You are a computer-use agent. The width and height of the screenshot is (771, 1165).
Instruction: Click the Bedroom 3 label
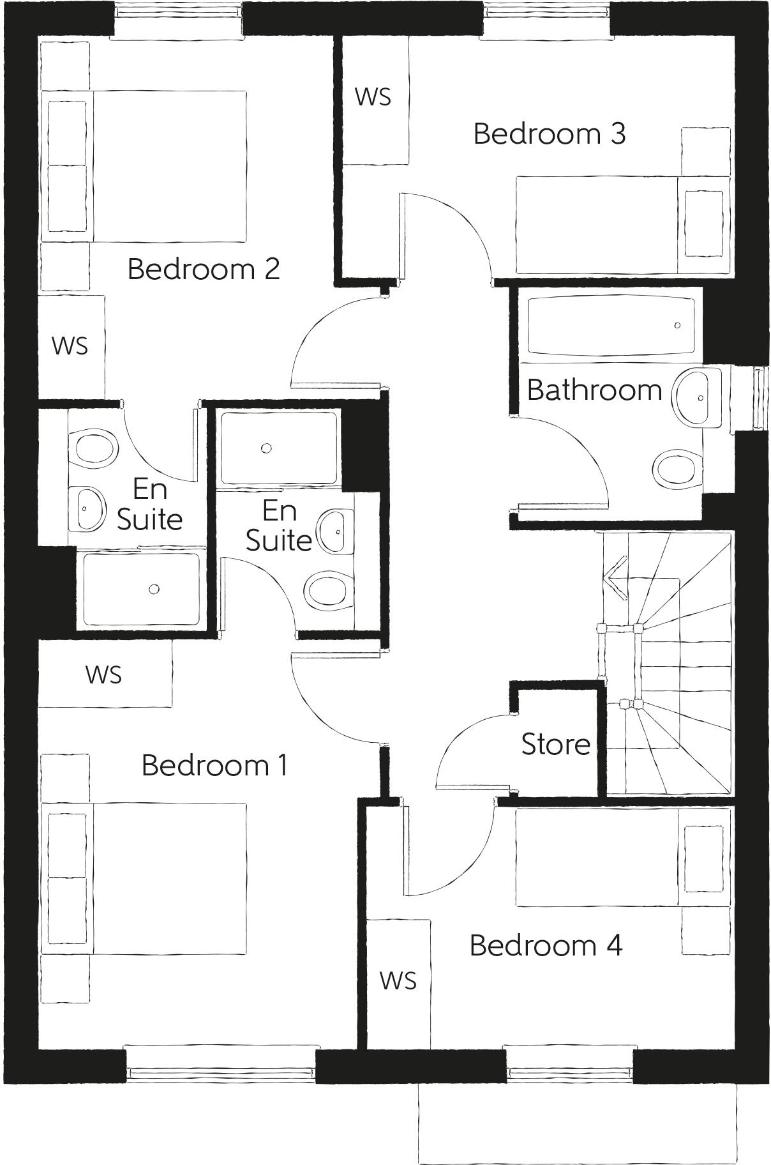pyautogui.click(x=549, y=134)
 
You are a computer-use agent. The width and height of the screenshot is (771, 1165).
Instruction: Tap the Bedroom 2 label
pyautogui.click(x=204, y=269)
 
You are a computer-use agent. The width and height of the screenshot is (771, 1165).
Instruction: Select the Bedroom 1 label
pyautogui.click(x=214, y=765)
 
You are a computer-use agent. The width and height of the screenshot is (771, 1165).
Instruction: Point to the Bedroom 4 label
pyautogui.click(x=546, y=946)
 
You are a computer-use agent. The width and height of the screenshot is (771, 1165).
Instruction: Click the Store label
pyautogui.click(x=555, y=745)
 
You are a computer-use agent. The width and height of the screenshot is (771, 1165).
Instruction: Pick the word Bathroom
pyautogui.click(x=594, y=390)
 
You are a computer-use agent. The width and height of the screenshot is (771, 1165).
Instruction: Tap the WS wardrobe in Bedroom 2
pyautogui.click(x=70, y=346)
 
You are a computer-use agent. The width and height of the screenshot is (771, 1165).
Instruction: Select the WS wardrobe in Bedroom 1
pyautogui.click(x=104, y=674)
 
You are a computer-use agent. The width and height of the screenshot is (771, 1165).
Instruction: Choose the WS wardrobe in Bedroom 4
pyautogui.click(x=398, y=980)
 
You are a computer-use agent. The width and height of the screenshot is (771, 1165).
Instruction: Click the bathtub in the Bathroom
pyautogui.click(x=611, y=326)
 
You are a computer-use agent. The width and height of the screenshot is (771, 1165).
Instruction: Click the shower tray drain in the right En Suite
pyautogui.click(x=267, y=448)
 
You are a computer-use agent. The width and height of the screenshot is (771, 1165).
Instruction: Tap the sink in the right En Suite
pyautogui.click(x=336, y=531)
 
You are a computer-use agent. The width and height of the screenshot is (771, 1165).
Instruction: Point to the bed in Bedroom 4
pyautogui.click(x=622, y=857)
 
